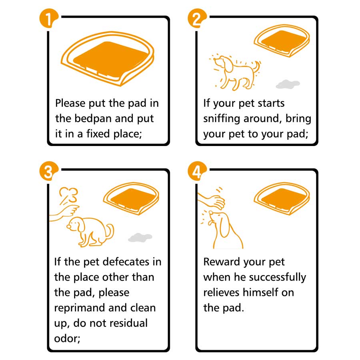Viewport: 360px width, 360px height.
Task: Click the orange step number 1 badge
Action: pyautogui.click(x=49, y=18)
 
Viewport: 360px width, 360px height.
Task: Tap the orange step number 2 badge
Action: pyautogui.click(x=197, y=18)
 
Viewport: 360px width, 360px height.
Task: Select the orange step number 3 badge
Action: pyautogui.click(x=49, y=171)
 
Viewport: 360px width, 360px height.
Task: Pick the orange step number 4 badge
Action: pyautogui.click(x=197, y=171)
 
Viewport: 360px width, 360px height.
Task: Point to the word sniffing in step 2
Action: pyautogui.click(x=222, y=119)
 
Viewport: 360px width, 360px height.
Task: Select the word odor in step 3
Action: pyautogui.click(x=66, y=338)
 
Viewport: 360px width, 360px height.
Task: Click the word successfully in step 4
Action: pyautogui.click(x=278, y=278)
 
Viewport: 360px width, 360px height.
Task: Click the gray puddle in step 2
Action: pyautogui.click(x=288, y=84)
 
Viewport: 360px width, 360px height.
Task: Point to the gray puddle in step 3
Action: pyautogui.click(x=140, y=237)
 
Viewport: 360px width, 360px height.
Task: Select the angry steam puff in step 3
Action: pyautogui.click(x=69, y=195)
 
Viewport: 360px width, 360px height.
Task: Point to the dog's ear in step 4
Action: pyautogui.click(x=224, y=226)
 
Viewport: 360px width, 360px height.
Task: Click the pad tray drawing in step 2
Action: pyautogui.click(x=282, y=41)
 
